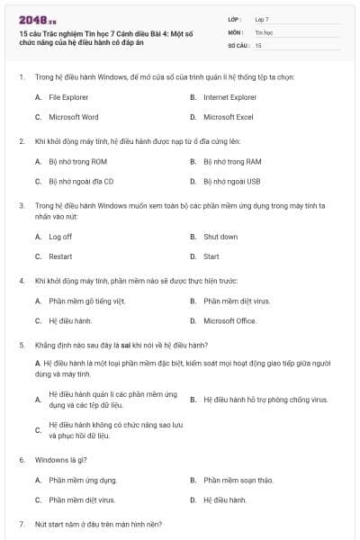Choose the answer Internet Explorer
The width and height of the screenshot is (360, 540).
(x=229, y=96)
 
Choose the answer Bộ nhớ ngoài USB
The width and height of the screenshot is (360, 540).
(x=232, y=181)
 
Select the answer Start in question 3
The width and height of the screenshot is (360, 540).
(x=211, y=256)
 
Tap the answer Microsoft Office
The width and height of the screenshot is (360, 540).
(x=229, y=320)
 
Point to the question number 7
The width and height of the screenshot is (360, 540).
(x=21, y=524)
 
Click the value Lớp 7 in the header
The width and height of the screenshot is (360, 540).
(x=262, y=18)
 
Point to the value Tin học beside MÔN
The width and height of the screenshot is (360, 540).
(x=263, y=31)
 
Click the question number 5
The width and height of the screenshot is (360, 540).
(x=21, y=345)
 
